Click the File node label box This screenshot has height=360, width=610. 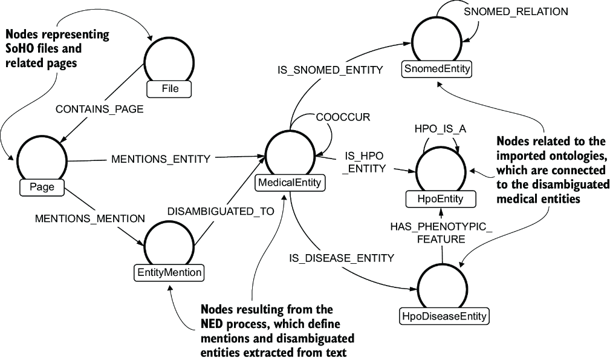pos(169,89)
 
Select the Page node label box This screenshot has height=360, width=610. pos(42,187)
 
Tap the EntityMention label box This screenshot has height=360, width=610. pos(169,272)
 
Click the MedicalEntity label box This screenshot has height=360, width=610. pos(290,183)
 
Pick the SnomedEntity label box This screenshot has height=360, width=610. pos(436,69)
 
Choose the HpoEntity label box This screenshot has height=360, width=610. pos(440,199)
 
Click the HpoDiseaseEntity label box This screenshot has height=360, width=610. pos(444,316)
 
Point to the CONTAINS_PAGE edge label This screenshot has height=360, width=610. pos(100,109)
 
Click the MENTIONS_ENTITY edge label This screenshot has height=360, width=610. pos(161,159)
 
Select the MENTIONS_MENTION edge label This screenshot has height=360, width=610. pos(90,219)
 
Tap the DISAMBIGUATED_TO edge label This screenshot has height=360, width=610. pos(221,211)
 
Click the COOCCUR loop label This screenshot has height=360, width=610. pos(343,117)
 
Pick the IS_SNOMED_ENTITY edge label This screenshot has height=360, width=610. pos(330,70)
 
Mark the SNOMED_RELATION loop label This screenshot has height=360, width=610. pos(516,11)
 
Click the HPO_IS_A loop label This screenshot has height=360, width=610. pos(440,129)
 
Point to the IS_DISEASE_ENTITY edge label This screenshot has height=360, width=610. pos(342,258)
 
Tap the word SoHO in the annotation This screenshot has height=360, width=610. pos(19,48)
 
